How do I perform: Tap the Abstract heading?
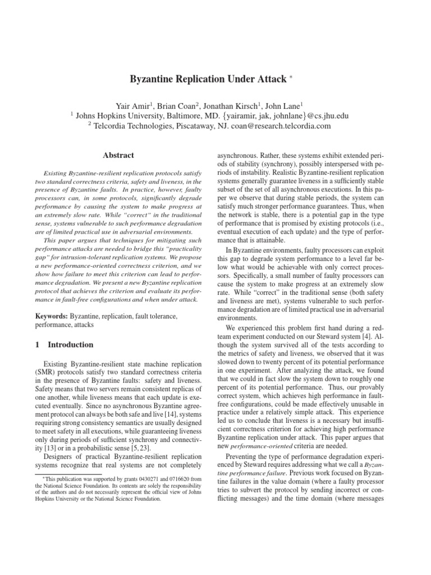click(x=118, y=154)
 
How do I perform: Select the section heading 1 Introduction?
click(x=64, y=344)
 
